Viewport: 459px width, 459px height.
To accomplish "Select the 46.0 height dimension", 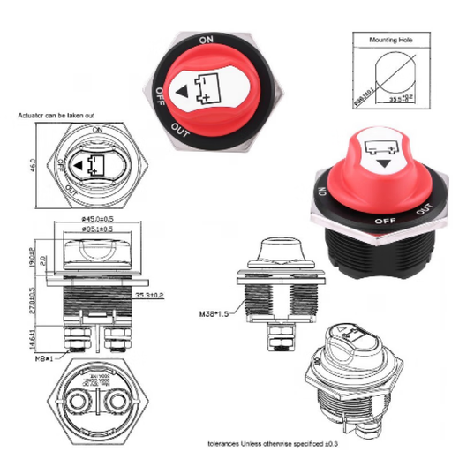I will [x=33, y=165].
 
